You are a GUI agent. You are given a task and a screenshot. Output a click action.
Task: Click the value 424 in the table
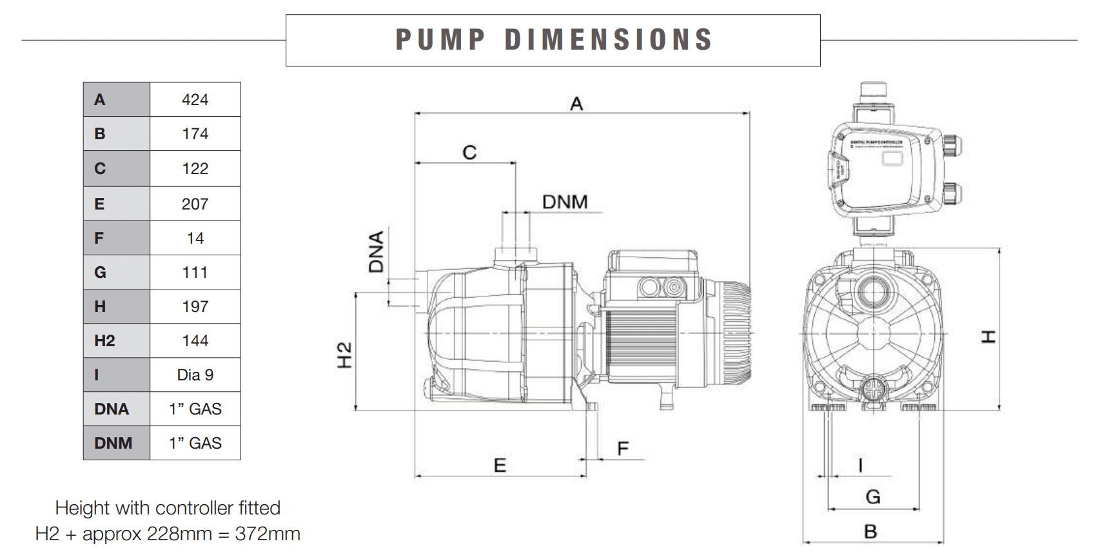tap(195, 100)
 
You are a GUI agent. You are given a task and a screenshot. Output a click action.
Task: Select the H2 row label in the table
tap(104, 340)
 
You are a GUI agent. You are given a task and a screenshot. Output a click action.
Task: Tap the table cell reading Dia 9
tap(195, 375)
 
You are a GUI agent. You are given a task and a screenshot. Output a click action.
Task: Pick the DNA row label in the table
tap(112, 409)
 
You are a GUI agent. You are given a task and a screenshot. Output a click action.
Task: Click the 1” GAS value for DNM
tap(195, 443)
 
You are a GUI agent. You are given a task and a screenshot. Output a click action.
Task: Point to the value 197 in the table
tap(195, 306)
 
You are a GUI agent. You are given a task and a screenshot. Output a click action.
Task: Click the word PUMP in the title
tap(440, 40)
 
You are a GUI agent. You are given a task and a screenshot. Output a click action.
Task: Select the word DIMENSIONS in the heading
tap(609, 40)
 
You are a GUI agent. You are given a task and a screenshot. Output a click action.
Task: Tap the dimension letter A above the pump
tap(576, 104)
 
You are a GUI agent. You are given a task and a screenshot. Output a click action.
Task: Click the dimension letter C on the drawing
tap(469, 153)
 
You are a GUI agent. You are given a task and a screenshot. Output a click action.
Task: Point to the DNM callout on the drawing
tap(565, 202)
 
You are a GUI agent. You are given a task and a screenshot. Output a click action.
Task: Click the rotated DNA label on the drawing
tap(377, 252)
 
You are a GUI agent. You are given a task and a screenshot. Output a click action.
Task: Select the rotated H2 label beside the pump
tap(345, 355)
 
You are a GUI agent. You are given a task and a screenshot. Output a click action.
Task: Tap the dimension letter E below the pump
tap(500, 465)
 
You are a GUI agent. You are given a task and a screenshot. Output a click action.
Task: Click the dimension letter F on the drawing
tap(623, 449)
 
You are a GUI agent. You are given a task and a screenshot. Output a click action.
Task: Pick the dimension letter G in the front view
tap(873, 497)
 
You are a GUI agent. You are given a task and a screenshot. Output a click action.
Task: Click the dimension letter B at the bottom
tap(870, 532)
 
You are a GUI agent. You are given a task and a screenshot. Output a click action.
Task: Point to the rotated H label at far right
tap(988, 337)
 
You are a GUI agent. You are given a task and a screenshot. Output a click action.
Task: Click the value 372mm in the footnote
tap(268, 534)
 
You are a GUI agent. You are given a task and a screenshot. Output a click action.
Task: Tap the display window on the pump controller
tap(892, 158)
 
